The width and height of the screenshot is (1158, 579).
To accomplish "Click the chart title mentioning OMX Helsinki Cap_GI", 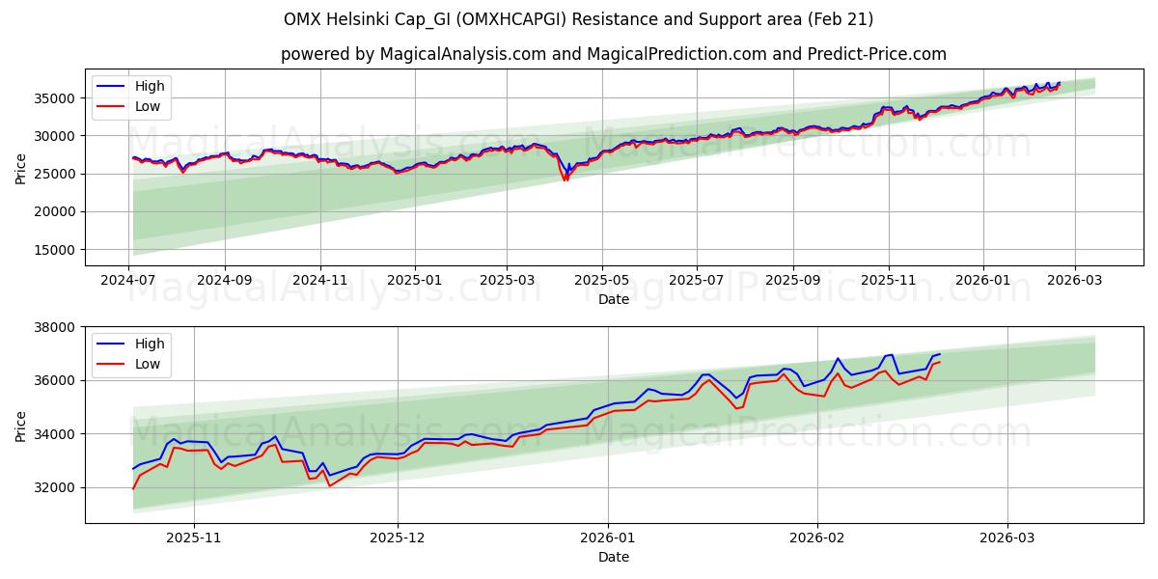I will [x=578, y=19].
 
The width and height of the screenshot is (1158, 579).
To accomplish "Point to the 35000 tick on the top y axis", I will [x=56, y=98].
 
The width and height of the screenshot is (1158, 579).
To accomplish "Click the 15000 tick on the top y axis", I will [x=56, y=250].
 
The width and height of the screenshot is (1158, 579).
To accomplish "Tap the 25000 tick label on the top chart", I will [x=56, y=174].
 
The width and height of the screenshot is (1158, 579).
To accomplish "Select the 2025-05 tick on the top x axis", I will [x=603, y=281].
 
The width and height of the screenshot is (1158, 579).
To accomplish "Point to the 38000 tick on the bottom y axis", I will [x=56, y=327].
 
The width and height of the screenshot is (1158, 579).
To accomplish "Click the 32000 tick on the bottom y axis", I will [x=56, y=487].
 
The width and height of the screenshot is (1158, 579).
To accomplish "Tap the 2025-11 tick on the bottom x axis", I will [x=194, y=538].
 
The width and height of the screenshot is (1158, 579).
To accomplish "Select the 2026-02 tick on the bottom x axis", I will [x=817, y=538].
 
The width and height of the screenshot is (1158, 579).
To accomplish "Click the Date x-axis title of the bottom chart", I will [x=613, y=557].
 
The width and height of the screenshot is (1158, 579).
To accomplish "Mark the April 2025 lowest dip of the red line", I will [x=565, y=180].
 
